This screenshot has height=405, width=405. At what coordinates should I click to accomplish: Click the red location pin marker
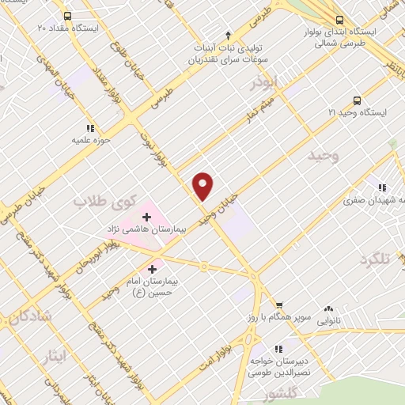204,186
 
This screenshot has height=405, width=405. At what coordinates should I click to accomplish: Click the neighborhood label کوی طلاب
106,201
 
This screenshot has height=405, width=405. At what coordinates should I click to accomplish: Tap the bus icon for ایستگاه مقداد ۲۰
68,16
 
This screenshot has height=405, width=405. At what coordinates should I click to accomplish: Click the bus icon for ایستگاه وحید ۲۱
357,100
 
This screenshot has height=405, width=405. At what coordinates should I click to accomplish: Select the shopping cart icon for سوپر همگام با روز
278,305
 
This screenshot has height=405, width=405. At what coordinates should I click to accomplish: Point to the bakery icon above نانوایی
328,309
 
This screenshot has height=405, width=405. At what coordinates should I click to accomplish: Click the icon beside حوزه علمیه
90,128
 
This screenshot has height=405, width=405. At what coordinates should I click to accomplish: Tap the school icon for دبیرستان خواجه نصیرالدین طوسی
277,348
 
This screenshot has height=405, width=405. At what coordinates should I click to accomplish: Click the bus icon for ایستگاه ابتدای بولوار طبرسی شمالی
339,21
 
